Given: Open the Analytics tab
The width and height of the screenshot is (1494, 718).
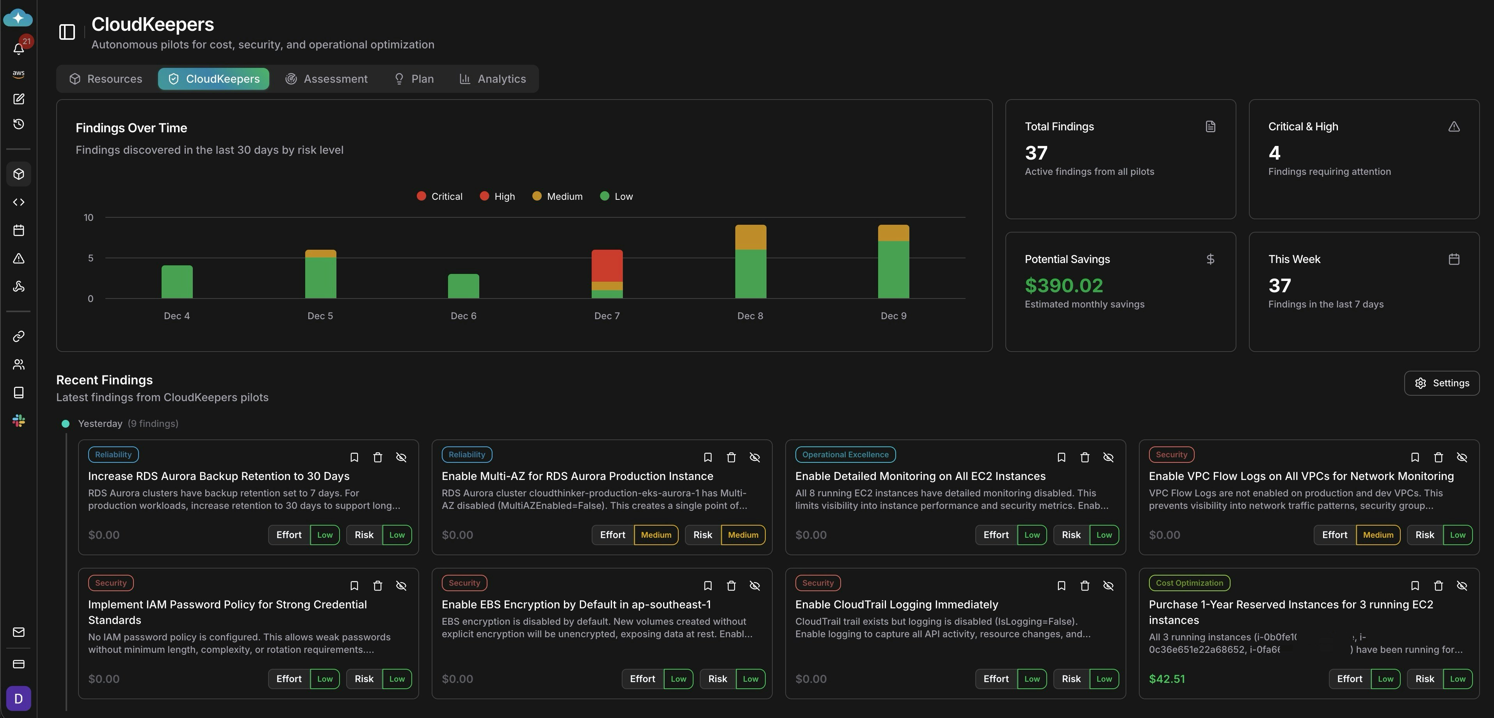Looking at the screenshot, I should coord(493,79).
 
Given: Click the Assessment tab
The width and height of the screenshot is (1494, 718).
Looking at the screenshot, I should coord(327,79).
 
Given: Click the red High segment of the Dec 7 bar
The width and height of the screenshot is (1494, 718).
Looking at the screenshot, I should coord(606,266).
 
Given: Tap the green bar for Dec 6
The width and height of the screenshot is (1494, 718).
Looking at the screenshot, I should coord(463,286).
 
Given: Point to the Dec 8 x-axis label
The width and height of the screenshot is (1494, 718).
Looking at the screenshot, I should coord(750,316).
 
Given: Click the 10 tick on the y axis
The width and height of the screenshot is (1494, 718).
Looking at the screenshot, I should coord(88,217).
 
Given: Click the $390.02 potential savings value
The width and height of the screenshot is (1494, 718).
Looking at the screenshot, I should coord(1064,285).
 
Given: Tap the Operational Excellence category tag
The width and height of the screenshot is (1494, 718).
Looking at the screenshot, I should coord(845,455).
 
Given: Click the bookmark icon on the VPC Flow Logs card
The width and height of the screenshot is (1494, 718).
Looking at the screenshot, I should coord(1414,458).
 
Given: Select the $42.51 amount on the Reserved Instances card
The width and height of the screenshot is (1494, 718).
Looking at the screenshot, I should coord(1166,679).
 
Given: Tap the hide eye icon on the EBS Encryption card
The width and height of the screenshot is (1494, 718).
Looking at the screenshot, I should coord(754,586).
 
